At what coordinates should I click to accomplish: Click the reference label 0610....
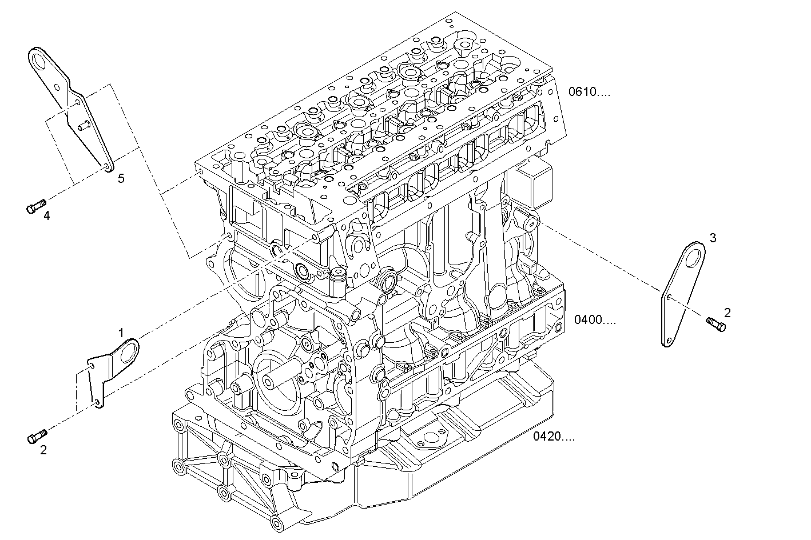click(x=589, y=91)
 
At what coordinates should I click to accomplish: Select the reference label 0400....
click(x=595, y=319)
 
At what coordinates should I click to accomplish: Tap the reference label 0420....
click(x=554, y=437)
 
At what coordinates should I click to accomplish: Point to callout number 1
click(x=121, y=332)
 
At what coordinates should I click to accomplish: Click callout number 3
click(x=713, y=237)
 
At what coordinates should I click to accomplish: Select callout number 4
click(x=47, y=215)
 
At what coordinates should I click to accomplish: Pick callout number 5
click(x=121, y=178)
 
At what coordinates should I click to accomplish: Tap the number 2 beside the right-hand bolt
click(x=727, y=313)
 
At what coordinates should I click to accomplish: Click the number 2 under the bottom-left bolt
click(x=43, y=450)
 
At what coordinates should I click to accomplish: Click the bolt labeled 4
click(x=35, y=206)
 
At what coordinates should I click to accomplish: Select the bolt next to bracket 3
click(x=715, y=324)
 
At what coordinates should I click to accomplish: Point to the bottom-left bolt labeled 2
click(x=36, y=437)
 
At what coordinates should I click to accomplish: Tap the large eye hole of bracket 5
click(x=39, y=59)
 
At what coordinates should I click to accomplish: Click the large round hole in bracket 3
click(x=694, y=257)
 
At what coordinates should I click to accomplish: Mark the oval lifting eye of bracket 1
click(x=130, y=349)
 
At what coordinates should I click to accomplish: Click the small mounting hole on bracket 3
click(x=669, y=297)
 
